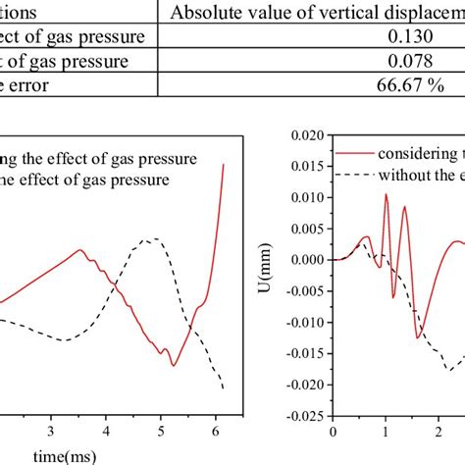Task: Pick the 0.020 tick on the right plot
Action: coord(309,136)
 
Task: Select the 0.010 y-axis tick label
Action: coord(309,198)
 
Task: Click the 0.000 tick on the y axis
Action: coord(309,260)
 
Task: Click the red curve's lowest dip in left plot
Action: coord(174,366)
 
